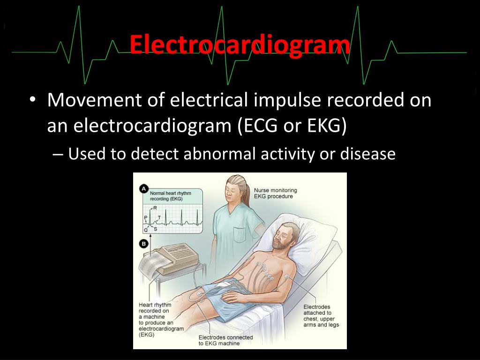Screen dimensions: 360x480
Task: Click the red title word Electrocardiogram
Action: pyautogui.click(x=240, y=46)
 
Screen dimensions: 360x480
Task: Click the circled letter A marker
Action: pyautogui.click(x=144, y=188)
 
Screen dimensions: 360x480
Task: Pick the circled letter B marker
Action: pyautogui.click(x=144, y=243)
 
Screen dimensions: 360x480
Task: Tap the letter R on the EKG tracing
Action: pyautogui.click(x=155, y=208)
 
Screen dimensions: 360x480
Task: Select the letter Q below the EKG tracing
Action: pyautogui.click(x=146, y=230)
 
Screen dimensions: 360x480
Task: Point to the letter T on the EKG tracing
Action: pyautogui.click(x=159, y=217)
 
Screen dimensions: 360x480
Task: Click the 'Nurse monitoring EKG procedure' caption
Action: pyautogui.click(x=275, y=193)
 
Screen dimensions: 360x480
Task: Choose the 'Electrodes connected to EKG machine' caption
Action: pyautogui.click(x=225, y=340)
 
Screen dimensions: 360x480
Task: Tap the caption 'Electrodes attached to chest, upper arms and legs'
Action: pyautogui.click(x=321, y=316)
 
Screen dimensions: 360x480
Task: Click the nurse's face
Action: pyautogui.click(x=233, y=191)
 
